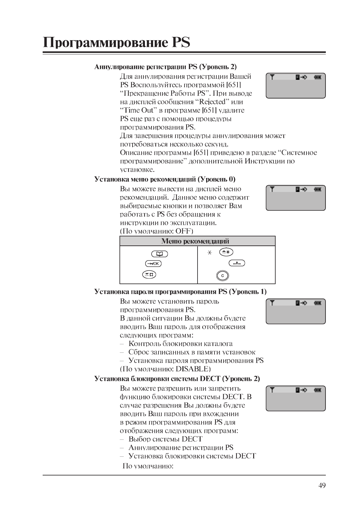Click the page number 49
point(322,485)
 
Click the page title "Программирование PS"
point(116,42)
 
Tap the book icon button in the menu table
point(159,254)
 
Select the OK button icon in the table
point(153,264)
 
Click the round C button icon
point(223,276)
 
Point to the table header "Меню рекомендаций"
point(195,241)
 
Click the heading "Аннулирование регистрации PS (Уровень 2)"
point(165,66)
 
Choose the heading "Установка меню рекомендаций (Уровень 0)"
point(165,179)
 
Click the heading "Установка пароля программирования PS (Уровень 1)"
point(180,292)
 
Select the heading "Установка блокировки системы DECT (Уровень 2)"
point(177,379)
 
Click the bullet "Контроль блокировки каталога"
point(180,344)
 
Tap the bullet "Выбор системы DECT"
point(165,439)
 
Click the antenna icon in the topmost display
point(272,77)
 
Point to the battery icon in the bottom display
point(317,390)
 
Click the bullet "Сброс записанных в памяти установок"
point(191,352)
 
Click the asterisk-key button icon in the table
point(226,252)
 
